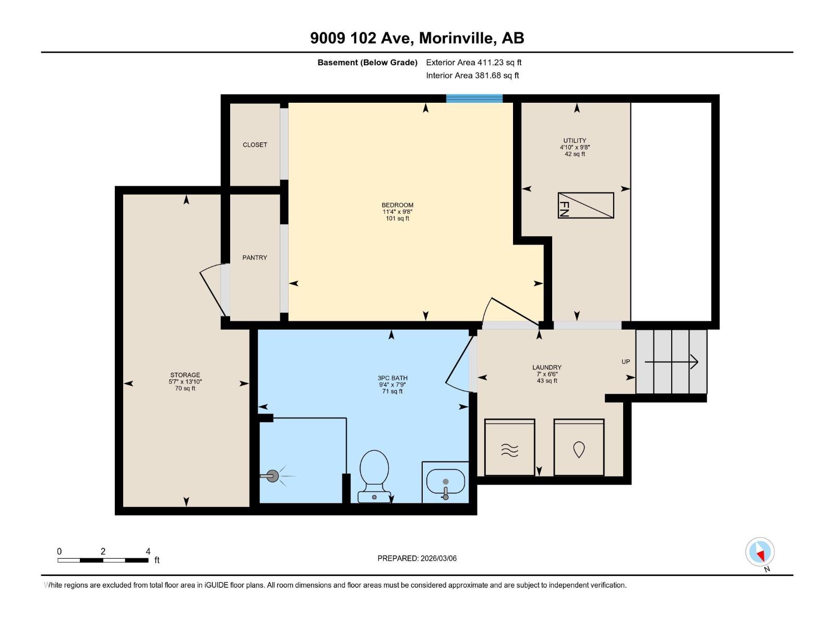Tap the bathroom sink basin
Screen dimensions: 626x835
[445, 481]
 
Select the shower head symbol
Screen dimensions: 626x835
[272, 476]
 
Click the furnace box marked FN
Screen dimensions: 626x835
[586, 205]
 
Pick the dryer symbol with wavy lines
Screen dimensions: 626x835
[509, 448]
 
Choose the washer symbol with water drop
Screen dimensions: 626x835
[579, 448]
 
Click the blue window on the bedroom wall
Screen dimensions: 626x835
[474, 98]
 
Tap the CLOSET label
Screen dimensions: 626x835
[255, 145]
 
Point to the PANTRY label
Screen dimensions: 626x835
[255, 258]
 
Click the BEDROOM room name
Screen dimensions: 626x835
[397, 205]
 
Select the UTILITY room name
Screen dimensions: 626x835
[575, 140]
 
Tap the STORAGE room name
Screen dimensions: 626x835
[185, 375]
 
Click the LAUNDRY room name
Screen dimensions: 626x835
[547, 367]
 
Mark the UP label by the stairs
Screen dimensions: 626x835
[626, 362]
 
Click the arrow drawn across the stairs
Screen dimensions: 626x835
[671, 362]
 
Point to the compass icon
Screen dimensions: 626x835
[760, 552]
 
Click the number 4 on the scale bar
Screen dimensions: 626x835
[148, 551]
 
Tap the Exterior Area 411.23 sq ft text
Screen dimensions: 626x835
[474, 62]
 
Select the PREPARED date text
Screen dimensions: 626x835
[417, 558]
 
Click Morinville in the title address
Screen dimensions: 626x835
[456, 38]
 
